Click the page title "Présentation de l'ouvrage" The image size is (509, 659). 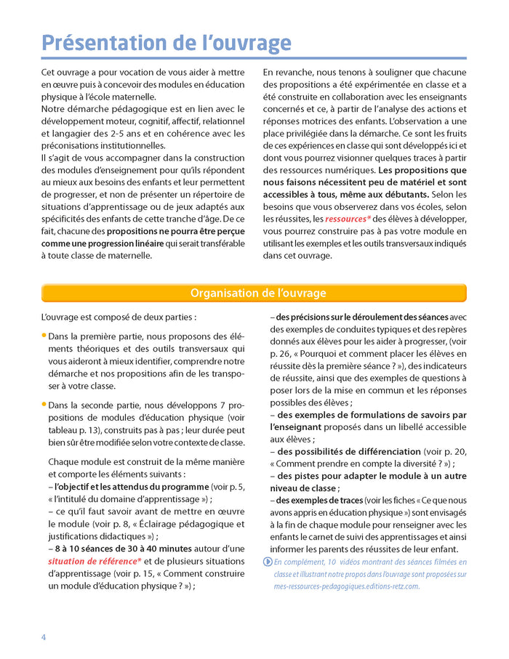pyautogui.click(x=167, y=43)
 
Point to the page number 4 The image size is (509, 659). pyautogui.click(x=44, y=637)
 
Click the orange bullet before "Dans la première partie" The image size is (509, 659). pyautogui.click(x=44, y=336)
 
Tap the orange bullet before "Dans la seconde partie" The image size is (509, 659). pyautogui.click(x=44, y=403)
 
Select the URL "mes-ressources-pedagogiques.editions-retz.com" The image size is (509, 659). pyautogui.click(x=336, y=586)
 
